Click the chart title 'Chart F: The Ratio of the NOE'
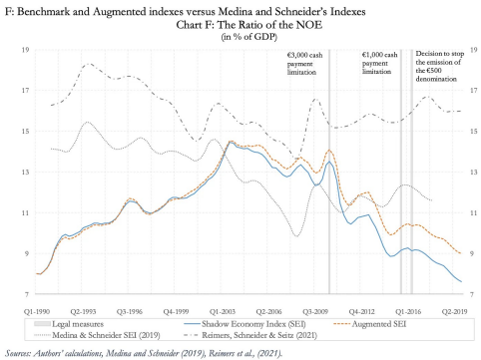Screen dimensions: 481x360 [249, 25]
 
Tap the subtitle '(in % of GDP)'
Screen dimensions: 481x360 [249, 37]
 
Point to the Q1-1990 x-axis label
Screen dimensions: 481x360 [37, 312]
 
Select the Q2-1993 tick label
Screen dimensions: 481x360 [83, 312]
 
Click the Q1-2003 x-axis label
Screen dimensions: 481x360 [223, 312]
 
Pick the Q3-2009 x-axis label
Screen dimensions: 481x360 [315, 312]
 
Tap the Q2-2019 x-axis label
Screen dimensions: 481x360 [455, 312]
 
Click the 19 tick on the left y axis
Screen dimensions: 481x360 [25, 50]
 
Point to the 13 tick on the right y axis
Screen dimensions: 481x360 [473, 173]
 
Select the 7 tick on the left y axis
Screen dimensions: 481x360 [27, 294]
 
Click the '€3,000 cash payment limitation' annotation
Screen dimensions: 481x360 [304, 64]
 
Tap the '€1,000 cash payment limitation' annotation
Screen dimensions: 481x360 [379, 63]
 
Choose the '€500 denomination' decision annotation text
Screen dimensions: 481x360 [439, 66]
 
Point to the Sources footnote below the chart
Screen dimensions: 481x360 [144, 353]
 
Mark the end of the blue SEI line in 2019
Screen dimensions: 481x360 [461, 282]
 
